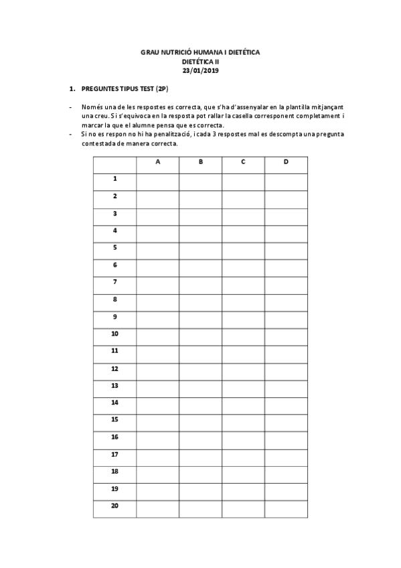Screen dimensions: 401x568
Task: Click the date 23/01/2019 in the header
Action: click(200, 70)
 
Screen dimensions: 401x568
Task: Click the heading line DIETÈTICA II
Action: click(200, 61)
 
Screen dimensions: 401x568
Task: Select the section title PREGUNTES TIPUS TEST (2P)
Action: click(124, 88)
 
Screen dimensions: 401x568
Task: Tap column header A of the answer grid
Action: click(157, 162)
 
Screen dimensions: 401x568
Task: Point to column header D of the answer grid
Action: click(286, 162)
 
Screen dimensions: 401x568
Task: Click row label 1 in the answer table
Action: click(114, 179)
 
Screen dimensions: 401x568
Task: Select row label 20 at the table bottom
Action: click(114, 506)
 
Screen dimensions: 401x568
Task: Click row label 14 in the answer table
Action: click(114, 403)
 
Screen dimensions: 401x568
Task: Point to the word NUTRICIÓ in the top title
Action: click(173, 52)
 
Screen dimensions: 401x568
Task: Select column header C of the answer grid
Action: click(243, 162)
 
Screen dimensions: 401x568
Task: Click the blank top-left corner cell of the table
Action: click(114, 164)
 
